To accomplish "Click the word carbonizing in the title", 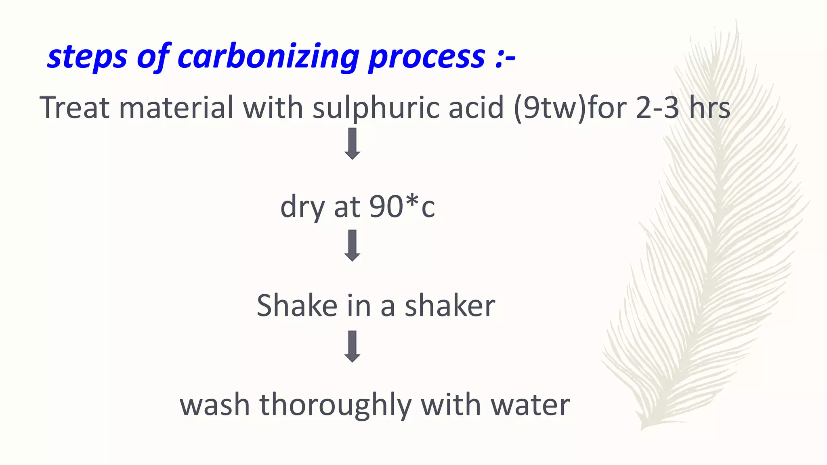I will click(x=268, y=57).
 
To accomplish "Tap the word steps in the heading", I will click(x=87, y=57).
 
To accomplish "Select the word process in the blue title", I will click(x=426, y=57).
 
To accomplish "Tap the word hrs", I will click(x=709, y=108).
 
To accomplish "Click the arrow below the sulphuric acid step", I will click(x=352, y=144).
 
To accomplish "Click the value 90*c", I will click(x=402, y=207).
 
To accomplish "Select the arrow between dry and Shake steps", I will click(x=352, y=245).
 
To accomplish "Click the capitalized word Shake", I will click(x=297, y=306).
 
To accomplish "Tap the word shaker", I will click(x=450, y=306).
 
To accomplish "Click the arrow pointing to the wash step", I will click(x=352, y=346).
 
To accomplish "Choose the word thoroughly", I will click(x=335, y=405).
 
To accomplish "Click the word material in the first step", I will click(x=176, y=108).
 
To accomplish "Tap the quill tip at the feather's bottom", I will click(x=643, y=427).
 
